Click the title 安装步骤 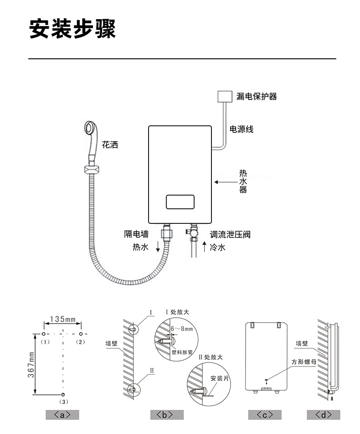[x=72, y=29]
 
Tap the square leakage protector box [x=225, y=97]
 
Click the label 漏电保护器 [x=257, y=96]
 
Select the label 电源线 [x=242, y=129]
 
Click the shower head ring [x=91, y=128]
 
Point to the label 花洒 [x=110, y=145]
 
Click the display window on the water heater [x=180, y=202]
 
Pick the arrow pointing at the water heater [x=226, y=182]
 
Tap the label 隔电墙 [x=136, y=234]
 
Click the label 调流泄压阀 [x=230, y=235]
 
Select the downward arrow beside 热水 [x=158, y=246]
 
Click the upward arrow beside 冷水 [x=204, y=247]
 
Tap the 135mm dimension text [x=62, y=319]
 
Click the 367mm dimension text [x=31, y=365]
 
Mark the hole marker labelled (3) [x=63, y=394]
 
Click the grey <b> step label [x=167, y=415]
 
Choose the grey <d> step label [x=324, y=415]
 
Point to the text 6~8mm [x=181, y=329]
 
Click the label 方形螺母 [x=304, y=362]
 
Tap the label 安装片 [x=220, y=378]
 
